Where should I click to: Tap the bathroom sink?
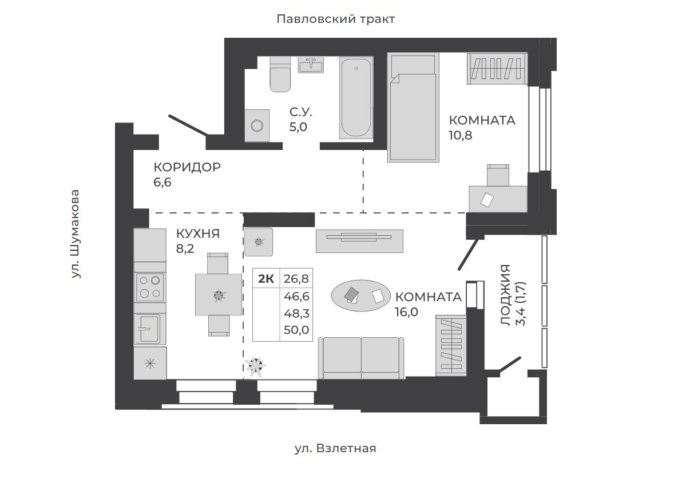[x=311, y=65]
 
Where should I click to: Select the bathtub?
[x=356, y=98]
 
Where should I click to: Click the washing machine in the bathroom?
[x=257, y=125]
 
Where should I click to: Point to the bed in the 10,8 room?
[x=413, y=107]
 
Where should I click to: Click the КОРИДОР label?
[x=187, y=167]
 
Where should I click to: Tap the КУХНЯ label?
[x=198, y=234]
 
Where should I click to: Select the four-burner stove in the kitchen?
[x=150, y=287]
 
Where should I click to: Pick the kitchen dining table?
[x=219, y=294]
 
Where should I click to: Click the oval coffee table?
[x=359, y=295]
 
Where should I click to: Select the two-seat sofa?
[x=361, y=358]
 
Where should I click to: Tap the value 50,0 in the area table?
[x=296, y=330]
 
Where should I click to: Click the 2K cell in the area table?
[x=266, y=279]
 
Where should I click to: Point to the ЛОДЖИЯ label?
[x=505, y=295]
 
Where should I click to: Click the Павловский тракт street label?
[x=336, y=19]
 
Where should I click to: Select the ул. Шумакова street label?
[x=76, y=234]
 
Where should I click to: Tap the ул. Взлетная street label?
[x=335, y=448]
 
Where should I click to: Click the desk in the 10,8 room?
[x=498, y=199]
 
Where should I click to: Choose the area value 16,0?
[x=406, y=312]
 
